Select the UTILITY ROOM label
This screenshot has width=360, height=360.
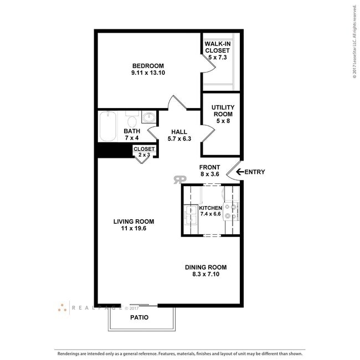point(223,114)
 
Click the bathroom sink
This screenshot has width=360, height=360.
point(148,117)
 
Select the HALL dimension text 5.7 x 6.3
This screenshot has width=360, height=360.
point(179,138)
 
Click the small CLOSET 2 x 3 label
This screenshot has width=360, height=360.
point(144,152)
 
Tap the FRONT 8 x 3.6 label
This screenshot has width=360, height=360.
point(210,171)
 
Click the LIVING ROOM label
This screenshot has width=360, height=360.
point(133,222)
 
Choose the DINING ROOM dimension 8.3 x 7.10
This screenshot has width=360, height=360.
point(205,274)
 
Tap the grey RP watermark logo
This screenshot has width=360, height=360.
point(179,179)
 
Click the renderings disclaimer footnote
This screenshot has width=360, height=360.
point(179,353)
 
